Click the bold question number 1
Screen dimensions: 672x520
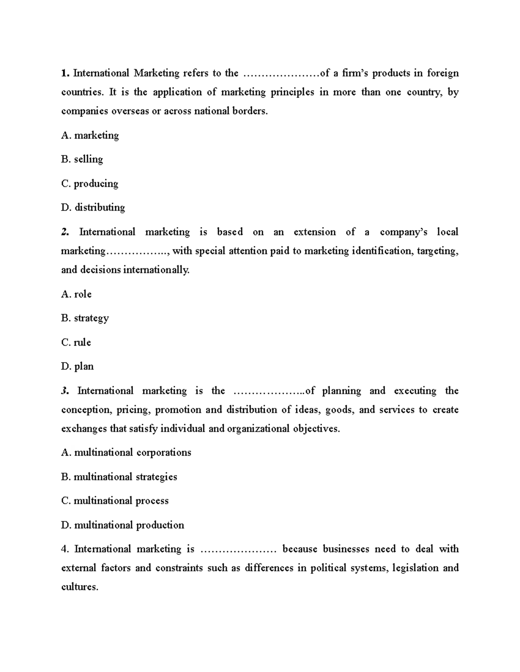coord(65,73)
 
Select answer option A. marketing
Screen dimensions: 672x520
coord(90,135)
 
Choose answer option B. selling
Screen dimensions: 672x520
coord(82,159)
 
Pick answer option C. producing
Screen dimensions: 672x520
coord(90,183)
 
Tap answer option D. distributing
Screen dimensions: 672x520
coord(93,208)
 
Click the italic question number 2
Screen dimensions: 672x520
coord(65,232)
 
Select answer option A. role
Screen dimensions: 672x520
coord(77,294)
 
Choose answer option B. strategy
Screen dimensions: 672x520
coord(85,318)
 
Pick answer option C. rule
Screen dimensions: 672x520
coord(76,342)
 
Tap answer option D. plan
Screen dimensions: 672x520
coord(78,367)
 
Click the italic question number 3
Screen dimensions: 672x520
coord(65,391)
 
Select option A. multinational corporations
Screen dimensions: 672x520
coord(126,453)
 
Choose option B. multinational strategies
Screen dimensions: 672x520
coord(119,477)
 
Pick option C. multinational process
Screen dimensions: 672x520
coord(115,501)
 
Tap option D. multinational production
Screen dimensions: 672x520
coord(123,525)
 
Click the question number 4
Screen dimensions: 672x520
coord(65,549)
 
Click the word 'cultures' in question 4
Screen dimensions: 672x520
coord(79,587)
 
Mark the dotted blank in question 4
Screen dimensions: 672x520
coord(238,550)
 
